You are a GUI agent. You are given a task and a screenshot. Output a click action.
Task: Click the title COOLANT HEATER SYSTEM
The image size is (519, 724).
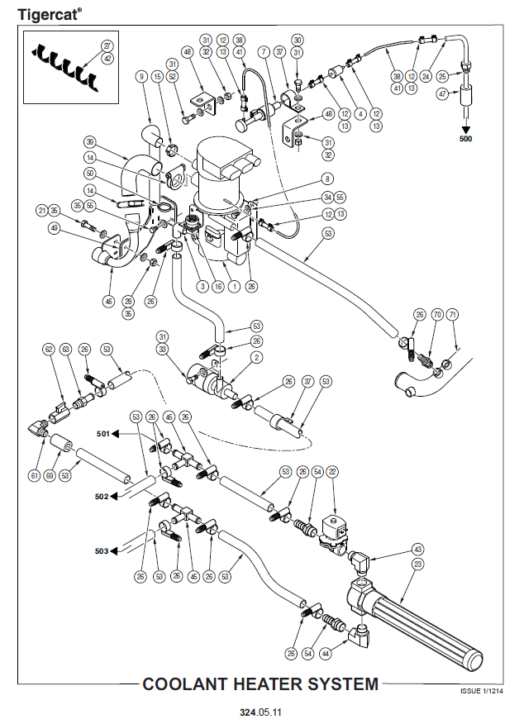(260, 684)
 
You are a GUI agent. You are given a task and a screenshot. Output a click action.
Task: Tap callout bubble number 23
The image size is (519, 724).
(417, 564)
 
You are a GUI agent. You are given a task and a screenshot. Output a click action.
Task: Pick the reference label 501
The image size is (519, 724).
(102, 433)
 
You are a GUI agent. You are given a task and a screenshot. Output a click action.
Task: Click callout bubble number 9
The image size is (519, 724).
(141, 77)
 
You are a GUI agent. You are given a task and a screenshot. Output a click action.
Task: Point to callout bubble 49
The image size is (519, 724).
(55, 228)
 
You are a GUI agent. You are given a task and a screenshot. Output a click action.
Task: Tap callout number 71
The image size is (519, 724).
(452, 314)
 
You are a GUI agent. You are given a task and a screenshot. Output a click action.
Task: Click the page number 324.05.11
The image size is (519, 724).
(259, 710)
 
